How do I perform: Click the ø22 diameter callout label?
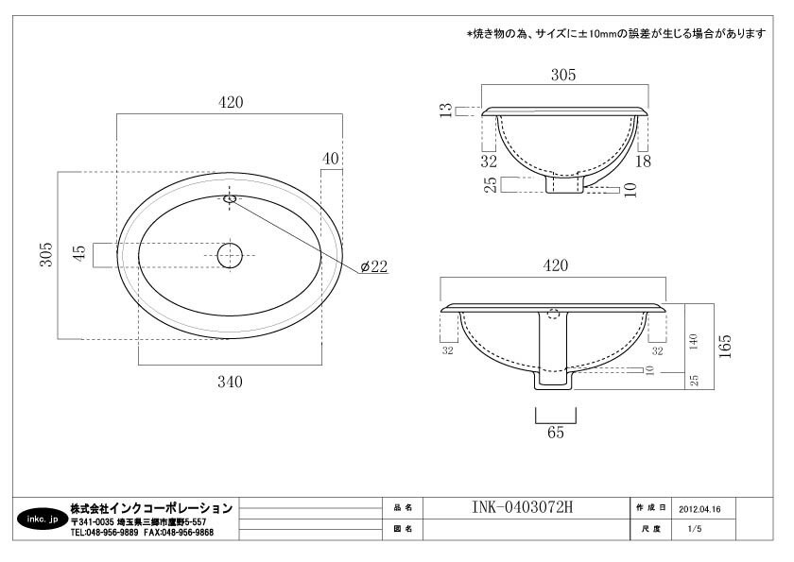point(374,266)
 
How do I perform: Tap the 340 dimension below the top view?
point(230,382)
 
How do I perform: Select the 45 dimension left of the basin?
point(79,253)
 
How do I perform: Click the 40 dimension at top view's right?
point(331,159)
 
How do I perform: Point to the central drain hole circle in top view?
point(230,255)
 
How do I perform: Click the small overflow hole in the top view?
point(230,198)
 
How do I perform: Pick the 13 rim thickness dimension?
point(445,111)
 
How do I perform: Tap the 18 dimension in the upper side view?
point(643,162)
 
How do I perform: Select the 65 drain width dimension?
point(556,433)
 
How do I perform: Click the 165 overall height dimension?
point(725,346)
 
